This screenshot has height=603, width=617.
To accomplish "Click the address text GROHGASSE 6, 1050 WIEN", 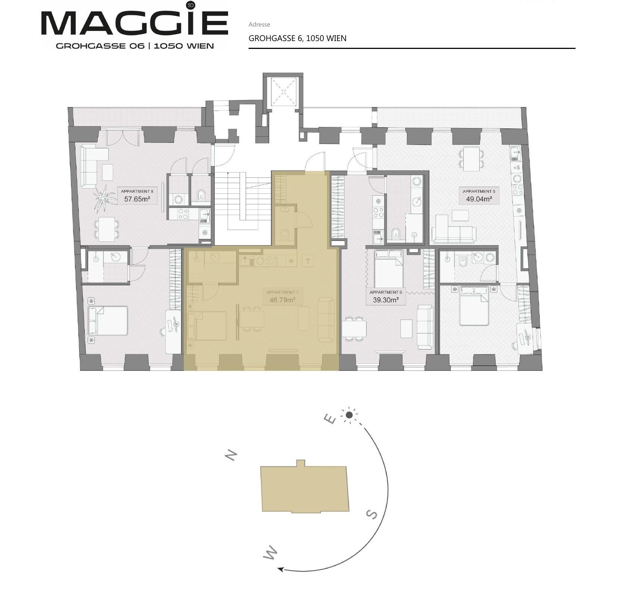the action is point(297,38).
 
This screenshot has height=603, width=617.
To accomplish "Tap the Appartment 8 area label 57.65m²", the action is point(137,199).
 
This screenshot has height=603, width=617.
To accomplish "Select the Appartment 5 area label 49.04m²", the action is point(479,199).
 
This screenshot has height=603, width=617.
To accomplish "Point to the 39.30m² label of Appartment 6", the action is point(386,300).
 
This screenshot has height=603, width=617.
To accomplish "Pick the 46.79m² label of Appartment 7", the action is point(283,300).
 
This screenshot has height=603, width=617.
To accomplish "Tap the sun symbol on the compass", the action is point(349,415).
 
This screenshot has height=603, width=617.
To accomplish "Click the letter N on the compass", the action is point(231,455).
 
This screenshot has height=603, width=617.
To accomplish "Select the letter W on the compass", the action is point(271,553).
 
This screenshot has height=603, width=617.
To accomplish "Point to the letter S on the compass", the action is point(372,515).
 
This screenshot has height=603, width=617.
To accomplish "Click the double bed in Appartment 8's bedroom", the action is point(108,320).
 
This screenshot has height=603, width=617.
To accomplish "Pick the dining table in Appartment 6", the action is point(354,329).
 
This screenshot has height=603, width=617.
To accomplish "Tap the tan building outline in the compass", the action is point(305,488).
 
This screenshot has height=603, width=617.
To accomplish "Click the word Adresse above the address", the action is point(259,25).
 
